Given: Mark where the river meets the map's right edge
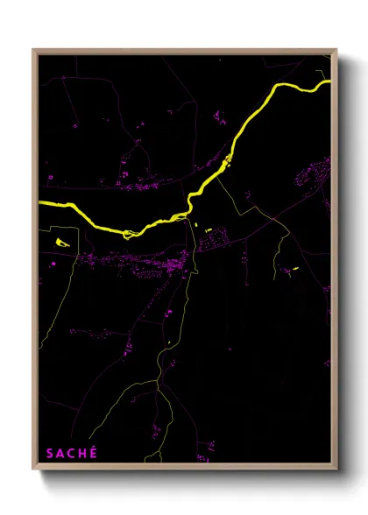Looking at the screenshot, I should pyautogui.click(x=329, y=83).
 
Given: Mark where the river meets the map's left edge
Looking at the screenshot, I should pyautogui.click(x=41, y=204).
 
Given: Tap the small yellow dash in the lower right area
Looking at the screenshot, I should pyautogui.click(x=295, y=267).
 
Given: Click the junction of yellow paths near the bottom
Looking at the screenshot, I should pyautogui.click(x=158, y=381).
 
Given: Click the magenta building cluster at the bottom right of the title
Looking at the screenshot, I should pyautogui.click(x=205, y=447).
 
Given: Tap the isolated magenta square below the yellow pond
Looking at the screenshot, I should pyautogui.click(x=53, y=263).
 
